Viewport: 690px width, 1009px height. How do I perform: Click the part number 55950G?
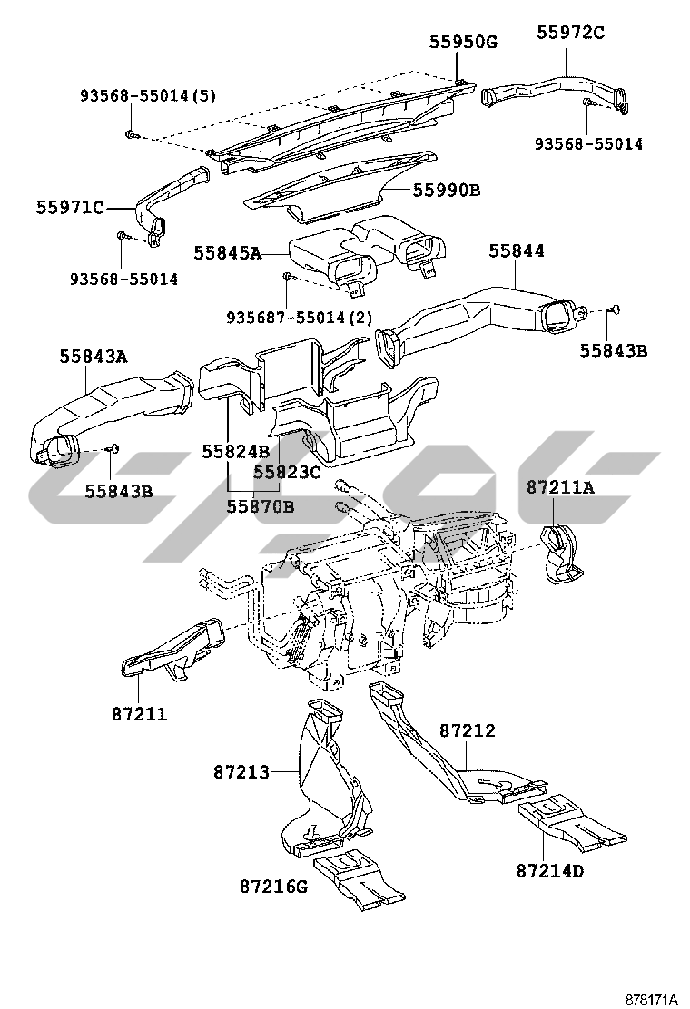point(464,41)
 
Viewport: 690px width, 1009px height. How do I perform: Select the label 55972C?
point(570,33)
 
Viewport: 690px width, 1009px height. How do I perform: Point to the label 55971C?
point(70,207)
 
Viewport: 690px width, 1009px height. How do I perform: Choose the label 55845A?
point(227,253)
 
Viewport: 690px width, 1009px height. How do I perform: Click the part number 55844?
point(517,251)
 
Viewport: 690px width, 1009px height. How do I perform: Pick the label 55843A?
point(94,357)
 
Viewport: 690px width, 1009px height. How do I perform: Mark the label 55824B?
point(235,451)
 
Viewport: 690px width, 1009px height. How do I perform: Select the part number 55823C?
point(287,472)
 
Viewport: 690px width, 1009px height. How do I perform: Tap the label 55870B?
point(261,506)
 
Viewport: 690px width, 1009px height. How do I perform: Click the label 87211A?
point(560,487)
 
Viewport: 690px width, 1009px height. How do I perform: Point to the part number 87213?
point(241,772)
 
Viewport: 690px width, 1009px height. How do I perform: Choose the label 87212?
point(468,730)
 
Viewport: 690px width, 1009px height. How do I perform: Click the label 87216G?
point(274,885)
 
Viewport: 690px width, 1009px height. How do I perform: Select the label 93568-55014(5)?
point(148,94)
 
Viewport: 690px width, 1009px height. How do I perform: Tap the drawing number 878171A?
point(651,999)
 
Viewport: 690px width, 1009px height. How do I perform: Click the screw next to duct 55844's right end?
point(614,310)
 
